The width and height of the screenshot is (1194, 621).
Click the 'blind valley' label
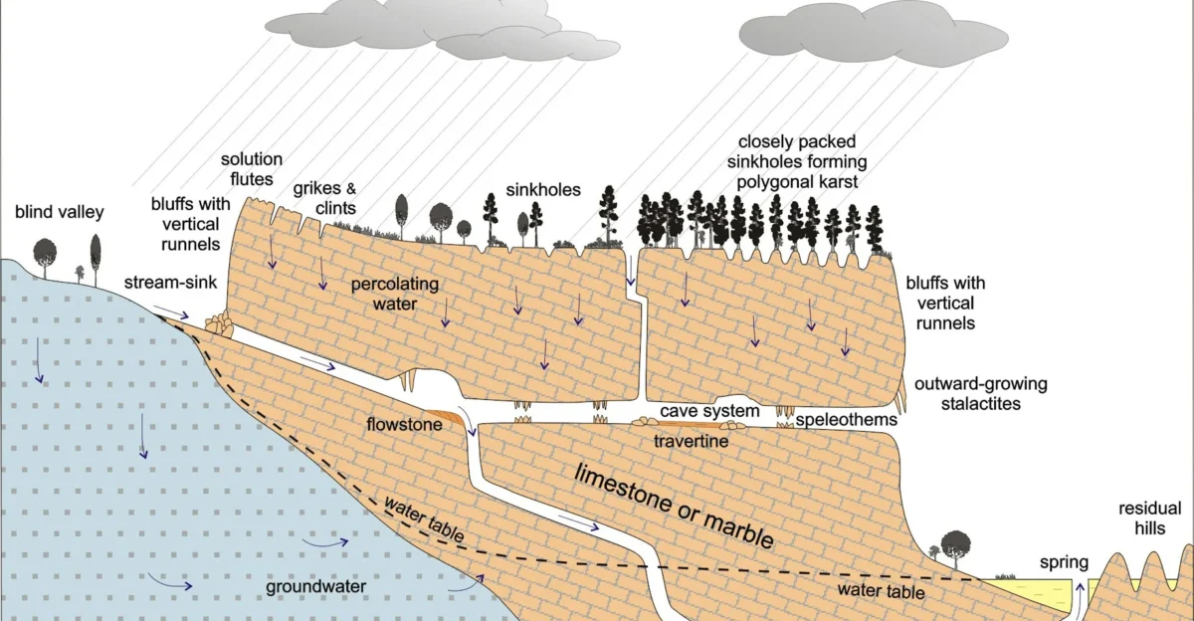click(60, 212)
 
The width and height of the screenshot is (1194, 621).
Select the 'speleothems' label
click(846, 420)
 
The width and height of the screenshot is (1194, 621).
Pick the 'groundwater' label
click(315, 586)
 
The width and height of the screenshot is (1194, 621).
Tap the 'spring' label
click(1064, 562)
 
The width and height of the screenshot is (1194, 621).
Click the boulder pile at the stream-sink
click(219, 324)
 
